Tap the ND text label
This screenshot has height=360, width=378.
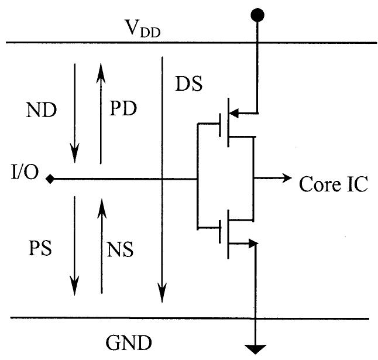(x=42, y=110)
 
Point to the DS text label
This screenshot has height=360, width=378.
(x=188, y=85)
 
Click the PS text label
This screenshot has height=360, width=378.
(x=39, y=248)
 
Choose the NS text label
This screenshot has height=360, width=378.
(x=120, y=249)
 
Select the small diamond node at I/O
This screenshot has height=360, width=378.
(x=51, y=179)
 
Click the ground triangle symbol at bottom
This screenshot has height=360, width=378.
(x=256, y=349)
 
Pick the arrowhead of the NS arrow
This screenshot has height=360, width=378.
(x=102, y=205)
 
